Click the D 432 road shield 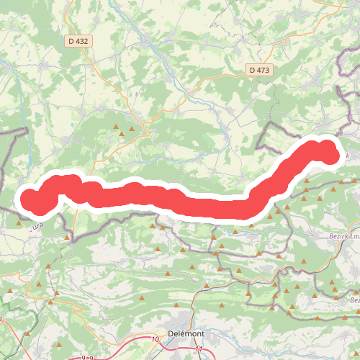pyautogui.click(x=77, y=42)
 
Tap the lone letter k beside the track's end pyautogui.click(x=346, y=156)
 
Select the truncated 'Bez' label pyautogui.click(x=354, y=300)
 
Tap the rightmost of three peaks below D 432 pyautogui.click(x=132, y=130)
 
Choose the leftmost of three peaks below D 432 pyautogui.click(x=116, y=127)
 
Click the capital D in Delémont pyautogui.click(x=169, y=333)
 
